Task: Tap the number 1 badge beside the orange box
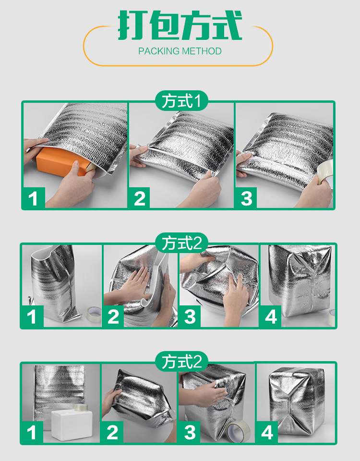click(x=33, y=198)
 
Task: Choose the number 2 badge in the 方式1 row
click(x=140, y=198)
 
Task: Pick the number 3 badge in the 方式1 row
click(x=247, y=198)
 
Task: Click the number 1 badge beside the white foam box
click(x=32, y=432)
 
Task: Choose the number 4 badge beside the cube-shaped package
click(x=267, y=432)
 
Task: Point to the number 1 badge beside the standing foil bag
click(x=32, y=316)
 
